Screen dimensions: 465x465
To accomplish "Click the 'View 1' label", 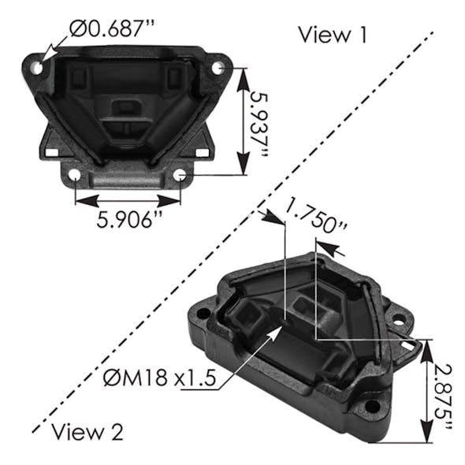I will tap(333, 35).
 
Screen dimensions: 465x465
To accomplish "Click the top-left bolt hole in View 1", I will tap(36, 68).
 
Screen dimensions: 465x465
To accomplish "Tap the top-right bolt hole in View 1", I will tap(218, 68).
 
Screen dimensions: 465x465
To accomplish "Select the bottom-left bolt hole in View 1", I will tap(75, 175).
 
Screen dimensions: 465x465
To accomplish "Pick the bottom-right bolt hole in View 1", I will tap(180, 174).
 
